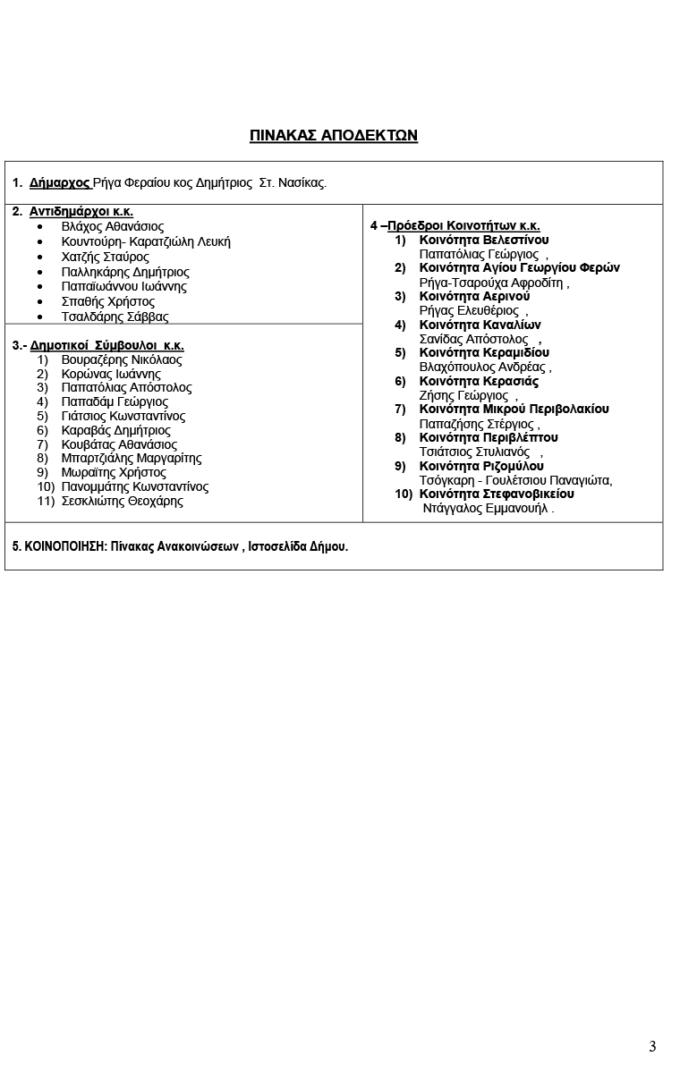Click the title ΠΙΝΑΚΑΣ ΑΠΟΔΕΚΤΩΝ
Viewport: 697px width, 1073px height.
pyautogui.click(x=334, y=136)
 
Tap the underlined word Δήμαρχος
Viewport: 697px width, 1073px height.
pyautogui.click(x=60, y=183)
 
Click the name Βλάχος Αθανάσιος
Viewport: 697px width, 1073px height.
pyautogui.click(x=113, y=227)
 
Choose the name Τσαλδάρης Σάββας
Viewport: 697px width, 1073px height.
pyautogui.click(x=115, y=317)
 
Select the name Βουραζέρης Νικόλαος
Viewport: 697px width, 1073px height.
pyautogui.click(x=122, y=359)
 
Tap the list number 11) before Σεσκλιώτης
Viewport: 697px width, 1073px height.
pyautogui.click(x=47, y=501)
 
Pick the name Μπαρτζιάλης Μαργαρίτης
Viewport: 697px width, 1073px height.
pyautogui.click(x=132, y=458)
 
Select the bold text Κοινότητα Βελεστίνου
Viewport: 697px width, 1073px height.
pyautogui.click(x=484, y=240)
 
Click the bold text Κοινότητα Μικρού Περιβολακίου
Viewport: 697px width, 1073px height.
pyautogui.click(x=514, y=409)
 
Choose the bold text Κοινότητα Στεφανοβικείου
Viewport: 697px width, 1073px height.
pyautogui.click(x=497, y=494)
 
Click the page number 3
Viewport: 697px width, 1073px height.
pyautogui.click(x=652, y=1046)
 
